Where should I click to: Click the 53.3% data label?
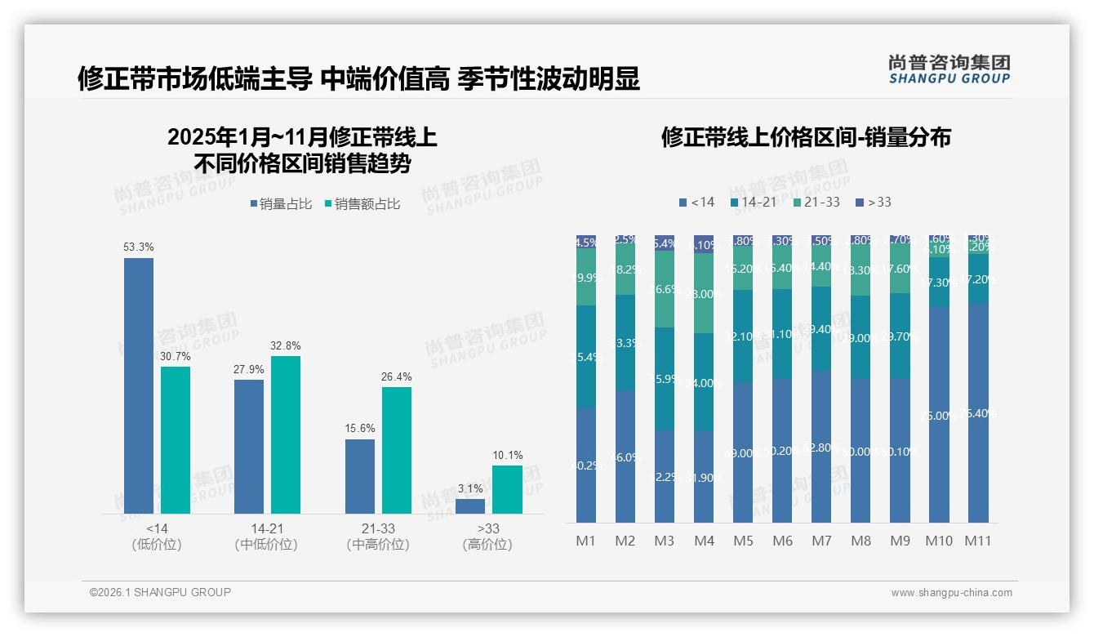point(139,247)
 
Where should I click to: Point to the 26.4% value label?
point(396,376)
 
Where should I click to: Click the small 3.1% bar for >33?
point(470,506)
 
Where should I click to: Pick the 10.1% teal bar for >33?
point(507,489)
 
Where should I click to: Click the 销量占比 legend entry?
point(281,204)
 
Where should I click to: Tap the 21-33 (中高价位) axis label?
point(378,537)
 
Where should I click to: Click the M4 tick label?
point(704,541)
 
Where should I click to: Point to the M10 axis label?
point(939,541)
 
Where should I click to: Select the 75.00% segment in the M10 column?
point(939,415)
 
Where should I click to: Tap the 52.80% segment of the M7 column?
point(821,447)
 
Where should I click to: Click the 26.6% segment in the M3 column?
point(665,289)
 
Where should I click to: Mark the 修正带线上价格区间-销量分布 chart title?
point(806,137)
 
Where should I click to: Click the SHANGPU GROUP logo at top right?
point(949,69)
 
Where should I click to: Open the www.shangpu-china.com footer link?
point(951,593)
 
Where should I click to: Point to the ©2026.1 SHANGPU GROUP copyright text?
point(160,592)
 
